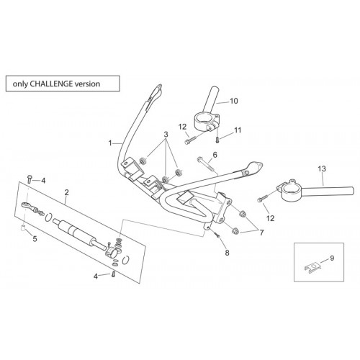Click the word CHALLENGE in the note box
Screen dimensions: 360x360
[52, 84]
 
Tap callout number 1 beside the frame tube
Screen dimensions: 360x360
[110, 143]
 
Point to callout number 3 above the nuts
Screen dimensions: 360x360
[166, 135]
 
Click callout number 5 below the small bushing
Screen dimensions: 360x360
[35, 239]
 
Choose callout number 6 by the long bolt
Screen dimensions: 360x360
[215, 155]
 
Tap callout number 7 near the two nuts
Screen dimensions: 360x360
[261, 232]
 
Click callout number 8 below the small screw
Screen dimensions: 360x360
[227, 253]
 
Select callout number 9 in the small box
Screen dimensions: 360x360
[332, 258]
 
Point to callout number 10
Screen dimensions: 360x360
[234, 101]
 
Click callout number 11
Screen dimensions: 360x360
[238, 130]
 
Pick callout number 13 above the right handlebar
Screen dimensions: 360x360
[322, 168]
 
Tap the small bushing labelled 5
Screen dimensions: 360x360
[24, 228]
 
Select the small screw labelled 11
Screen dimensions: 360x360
[217, 140]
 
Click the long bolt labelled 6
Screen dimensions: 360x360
[205, 163]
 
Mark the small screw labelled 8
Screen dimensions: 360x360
[217, 235]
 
